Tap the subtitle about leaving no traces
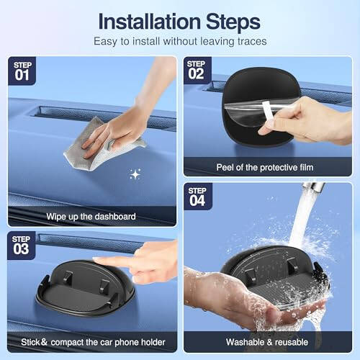pos(180,41)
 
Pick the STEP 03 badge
pos(22,244)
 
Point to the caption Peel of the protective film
pos(266,167)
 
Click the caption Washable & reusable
pos(266,342)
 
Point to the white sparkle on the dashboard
pos(135,174)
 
